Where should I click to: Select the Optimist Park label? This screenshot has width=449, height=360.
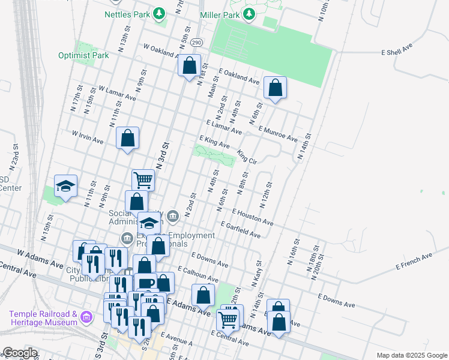[83, 55]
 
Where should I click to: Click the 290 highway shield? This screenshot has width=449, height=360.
[196, 43]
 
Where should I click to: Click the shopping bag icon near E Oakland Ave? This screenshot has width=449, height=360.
[275, 88]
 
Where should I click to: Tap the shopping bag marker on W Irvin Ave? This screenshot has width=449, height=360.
[128, 139]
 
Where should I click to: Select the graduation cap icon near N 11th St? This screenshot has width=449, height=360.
[66, 186]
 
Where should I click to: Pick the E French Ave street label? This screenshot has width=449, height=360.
[414, 260]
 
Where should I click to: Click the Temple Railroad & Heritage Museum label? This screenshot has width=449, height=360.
[43, 319]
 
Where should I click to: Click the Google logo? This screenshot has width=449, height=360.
[20, 353]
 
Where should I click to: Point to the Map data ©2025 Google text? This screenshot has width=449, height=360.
[412, 355]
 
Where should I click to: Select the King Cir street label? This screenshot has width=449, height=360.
[247, 157]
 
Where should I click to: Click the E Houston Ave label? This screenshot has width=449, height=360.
[253, 218]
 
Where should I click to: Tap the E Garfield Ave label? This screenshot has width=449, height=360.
[241, 230]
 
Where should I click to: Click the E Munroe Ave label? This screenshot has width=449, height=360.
[278, 134]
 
